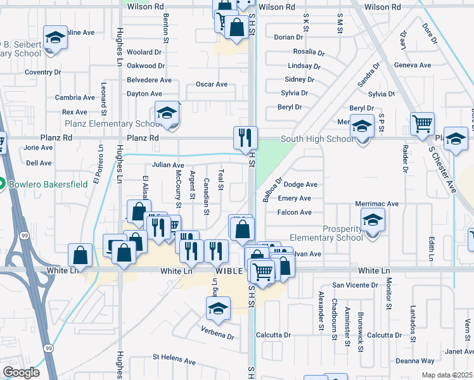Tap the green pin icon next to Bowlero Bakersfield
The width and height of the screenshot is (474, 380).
pos(3,184)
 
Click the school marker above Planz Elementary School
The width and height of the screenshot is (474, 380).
pos(167,114)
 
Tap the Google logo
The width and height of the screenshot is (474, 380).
pos(21,372)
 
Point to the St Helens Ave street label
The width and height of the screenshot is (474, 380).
pos(174,358)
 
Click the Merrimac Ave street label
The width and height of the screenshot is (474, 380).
pos(376,204)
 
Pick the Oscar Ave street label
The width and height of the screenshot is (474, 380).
pos(212,84)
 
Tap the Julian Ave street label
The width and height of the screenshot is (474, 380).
pos(168,165)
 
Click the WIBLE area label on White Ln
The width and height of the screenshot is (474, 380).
pos(229,270)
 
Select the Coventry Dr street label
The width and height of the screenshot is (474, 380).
pos(42,72)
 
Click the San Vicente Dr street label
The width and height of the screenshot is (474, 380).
pos(355,285)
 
